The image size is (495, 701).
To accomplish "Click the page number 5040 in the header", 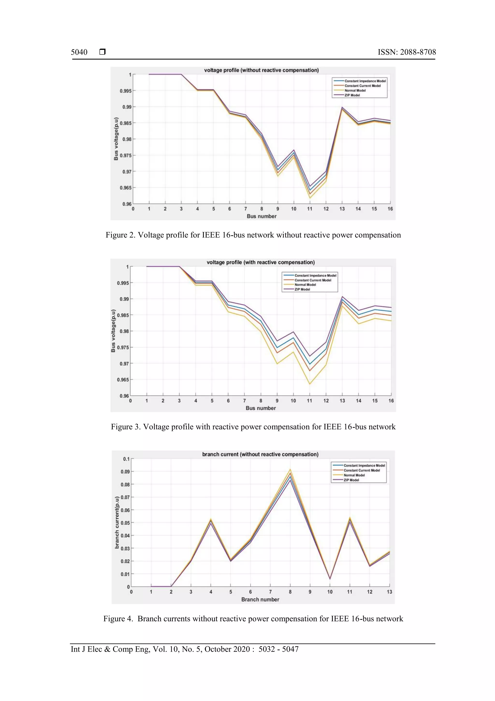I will coord(79,52).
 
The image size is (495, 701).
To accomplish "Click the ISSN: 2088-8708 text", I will coord(407,52).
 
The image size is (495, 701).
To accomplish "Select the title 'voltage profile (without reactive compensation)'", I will coord(261,70).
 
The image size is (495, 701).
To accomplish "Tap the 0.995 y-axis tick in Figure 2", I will coord(125,91).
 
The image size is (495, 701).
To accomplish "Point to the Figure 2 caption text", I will coord(253,235).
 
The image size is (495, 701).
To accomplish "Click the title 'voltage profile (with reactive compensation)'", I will coord(261,262).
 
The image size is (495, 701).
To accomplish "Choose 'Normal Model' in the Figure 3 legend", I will coord(305,285).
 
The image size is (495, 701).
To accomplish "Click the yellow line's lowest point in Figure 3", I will coord(310,384).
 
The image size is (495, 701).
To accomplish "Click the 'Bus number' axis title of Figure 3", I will coord(261,408).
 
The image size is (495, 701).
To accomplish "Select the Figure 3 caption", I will coord(253,427).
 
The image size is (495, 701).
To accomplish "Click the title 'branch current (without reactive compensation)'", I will coord(260,454).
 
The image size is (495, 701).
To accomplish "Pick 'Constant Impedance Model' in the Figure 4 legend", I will coord(364,466).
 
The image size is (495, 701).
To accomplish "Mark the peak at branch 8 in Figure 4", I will coord(290,470).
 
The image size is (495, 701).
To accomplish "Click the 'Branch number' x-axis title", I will coord(260,599).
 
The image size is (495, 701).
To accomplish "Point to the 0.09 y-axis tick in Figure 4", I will coord(125,472).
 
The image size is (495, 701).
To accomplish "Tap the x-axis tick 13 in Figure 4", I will coord(389,592).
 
